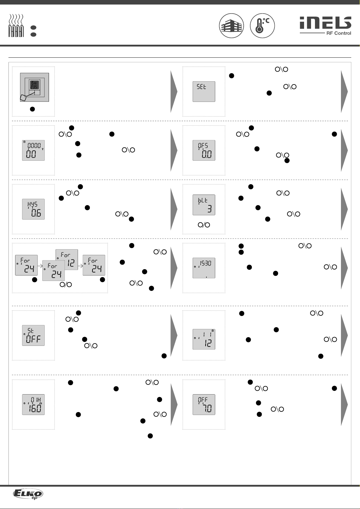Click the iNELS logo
(x=325, y=23)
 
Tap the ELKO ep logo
(x=28, y=494)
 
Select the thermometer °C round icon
(x=262, y=26)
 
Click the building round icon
(x=232, y=26)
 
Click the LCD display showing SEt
(x=204, y=91)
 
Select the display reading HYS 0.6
(x=33, y=209)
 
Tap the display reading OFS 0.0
(x=204, y=150)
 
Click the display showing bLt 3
(x=204, y=205)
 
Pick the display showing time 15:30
(x=204, y=268)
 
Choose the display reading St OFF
(x=33, y=335)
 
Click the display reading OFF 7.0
(x=204, y=404)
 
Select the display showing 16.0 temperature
(x=33, y=404)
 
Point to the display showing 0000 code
(x=33, y=150)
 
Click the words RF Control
(x=339, y=33)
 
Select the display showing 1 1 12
(x=204, y=339)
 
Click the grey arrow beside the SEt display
(x=344, y=92)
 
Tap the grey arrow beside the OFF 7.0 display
(x=344, y=404)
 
